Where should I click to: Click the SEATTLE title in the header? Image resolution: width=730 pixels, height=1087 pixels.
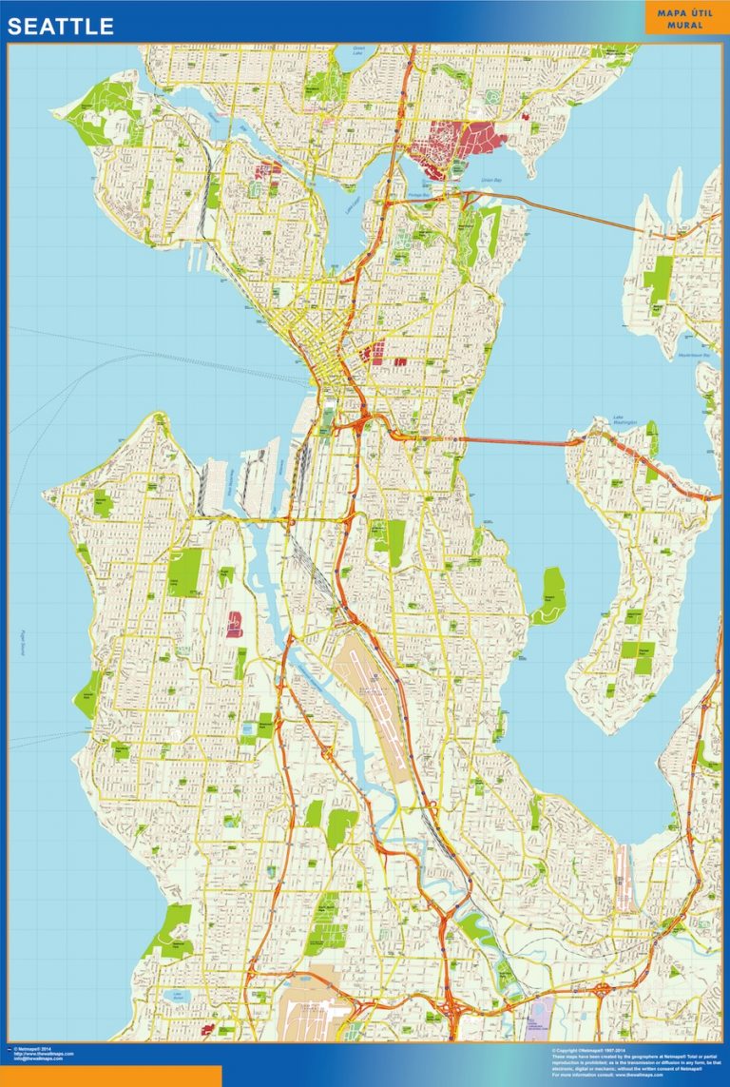pyautogui.click(x=61, y=27)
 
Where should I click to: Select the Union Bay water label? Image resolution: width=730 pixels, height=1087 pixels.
pyautogui.click(x=490, y=180)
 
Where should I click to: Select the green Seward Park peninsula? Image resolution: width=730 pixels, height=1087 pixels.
pyautogui.click(x=549, y=594)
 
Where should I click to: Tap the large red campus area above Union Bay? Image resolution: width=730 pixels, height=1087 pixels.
pyautogui.click(x=456, y=143)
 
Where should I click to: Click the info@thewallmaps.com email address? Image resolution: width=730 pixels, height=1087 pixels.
pyautogui.click(x=39, y=1058)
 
